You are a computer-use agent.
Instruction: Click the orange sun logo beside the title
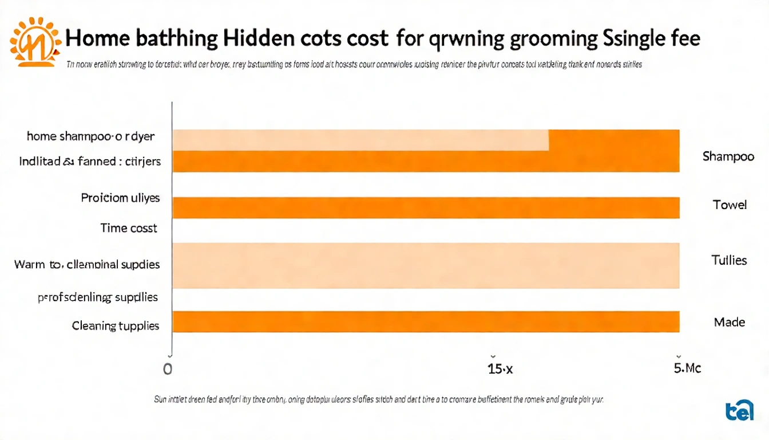pyautogui.click(x=35, y=41)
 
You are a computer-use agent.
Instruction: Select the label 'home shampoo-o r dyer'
pyautogui.click(x=90, y=136)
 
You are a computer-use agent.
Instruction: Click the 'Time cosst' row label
pyautogui.click(x=128, y=228)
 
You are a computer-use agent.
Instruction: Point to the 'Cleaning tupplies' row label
pyautogui.click(x=116, y=326)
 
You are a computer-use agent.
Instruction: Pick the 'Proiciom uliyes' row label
pyautogui.click(x=120, y=198)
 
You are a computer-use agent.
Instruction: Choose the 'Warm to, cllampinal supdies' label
pyautogui.click(x=87, y=265)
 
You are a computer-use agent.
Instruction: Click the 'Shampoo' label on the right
pyautogui.click(x=728, y=156)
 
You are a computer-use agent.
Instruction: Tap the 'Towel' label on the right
pyautogui.click(x=730, y=205)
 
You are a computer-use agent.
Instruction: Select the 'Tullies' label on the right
pyautogui.click(x=729, y=261)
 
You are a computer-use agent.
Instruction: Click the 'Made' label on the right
pyautogui.click(x=730, y=322)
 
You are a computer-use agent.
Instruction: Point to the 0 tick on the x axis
pyautogui.click(x=168, y=369)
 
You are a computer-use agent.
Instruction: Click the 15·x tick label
pyautogui.click(x=500, y=369)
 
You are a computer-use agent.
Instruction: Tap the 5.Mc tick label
pyautogui.click(x=687, y=368)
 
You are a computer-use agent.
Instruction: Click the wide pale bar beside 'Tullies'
pyautogui.click(x=426, y=265)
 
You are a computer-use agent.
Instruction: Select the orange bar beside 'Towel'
pyautogui.click(x=426, y=207)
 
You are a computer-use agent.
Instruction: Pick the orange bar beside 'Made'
pyautogui.click(x=426, y=321)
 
